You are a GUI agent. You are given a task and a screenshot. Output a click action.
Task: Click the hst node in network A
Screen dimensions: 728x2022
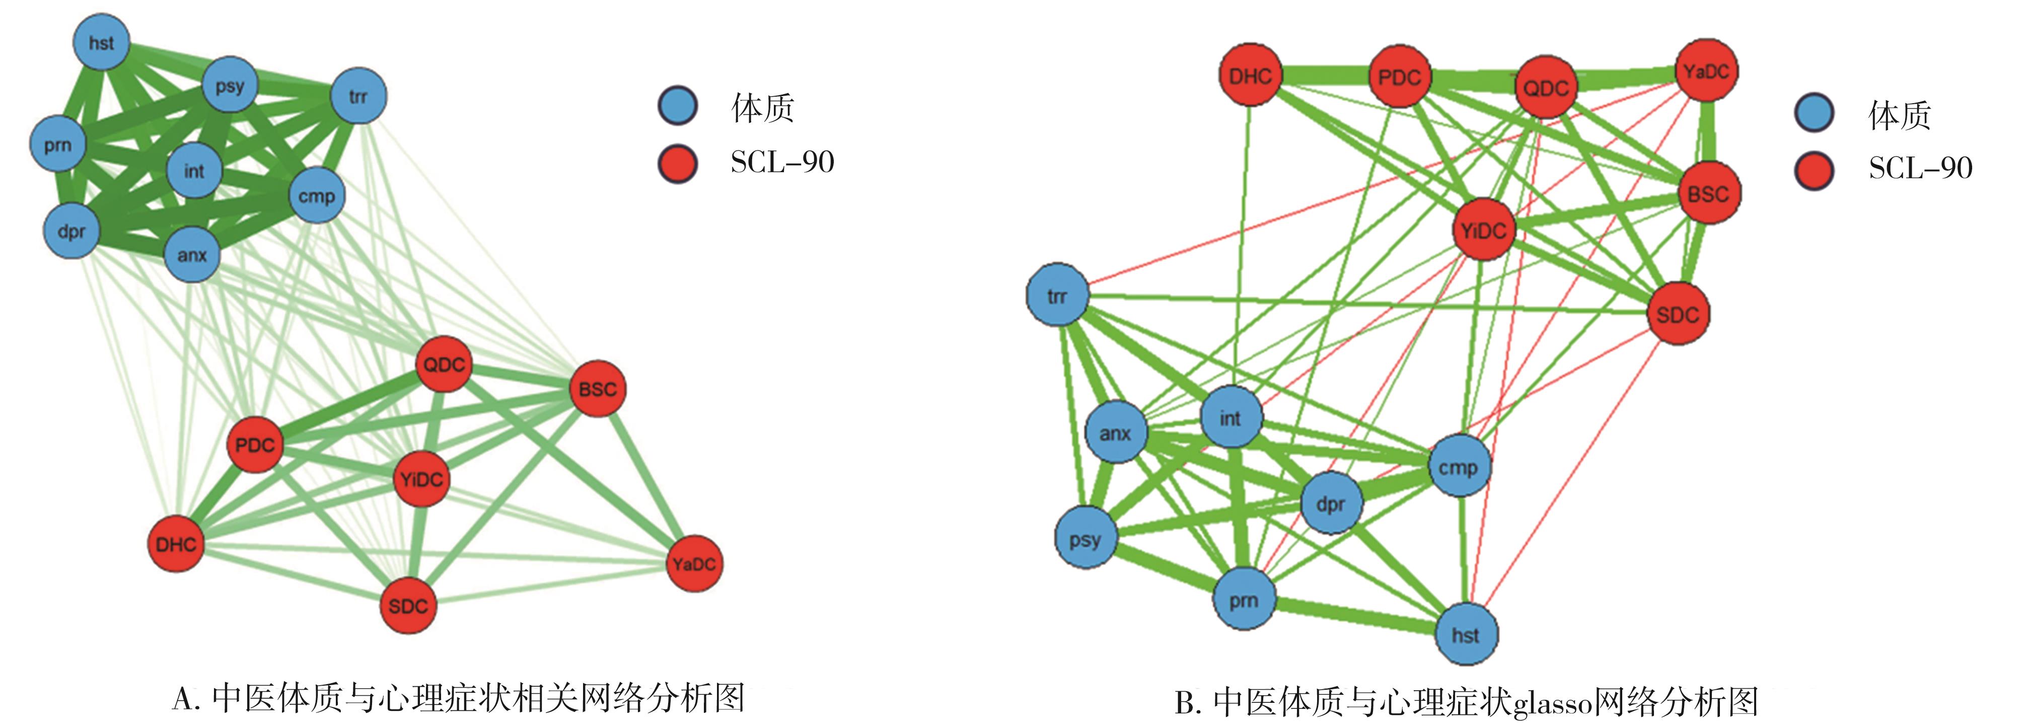tap(101, 42)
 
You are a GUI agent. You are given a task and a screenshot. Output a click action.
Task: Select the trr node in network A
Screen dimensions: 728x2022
tap(358, 96)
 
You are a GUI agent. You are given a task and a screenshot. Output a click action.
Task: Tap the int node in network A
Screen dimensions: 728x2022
tap(194, 170)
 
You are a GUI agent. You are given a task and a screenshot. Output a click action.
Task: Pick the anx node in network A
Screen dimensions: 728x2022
tap(191, 254)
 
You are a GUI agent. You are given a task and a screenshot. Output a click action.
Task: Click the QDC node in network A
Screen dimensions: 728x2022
tap(444, 364)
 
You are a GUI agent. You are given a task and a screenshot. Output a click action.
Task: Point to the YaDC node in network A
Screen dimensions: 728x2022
tap(694, 563)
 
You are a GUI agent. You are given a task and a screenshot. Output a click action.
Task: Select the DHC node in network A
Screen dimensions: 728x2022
tap(176, 544)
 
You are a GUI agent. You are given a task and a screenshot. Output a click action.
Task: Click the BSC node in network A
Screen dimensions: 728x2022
tap(597, 388)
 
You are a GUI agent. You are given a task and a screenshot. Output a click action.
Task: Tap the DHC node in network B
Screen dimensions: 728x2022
tap(1250, 76)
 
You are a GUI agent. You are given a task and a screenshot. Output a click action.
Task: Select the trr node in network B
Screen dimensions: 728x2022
tap(1057, 296)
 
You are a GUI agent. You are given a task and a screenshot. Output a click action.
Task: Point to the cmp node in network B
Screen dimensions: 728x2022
tap(1459, 467)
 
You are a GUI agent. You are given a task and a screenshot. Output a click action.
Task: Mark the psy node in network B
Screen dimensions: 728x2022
tap(1086, 538)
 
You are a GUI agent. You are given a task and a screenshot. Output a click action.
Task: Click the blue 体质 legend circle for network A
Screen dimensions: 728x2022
tap(677, 107)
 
